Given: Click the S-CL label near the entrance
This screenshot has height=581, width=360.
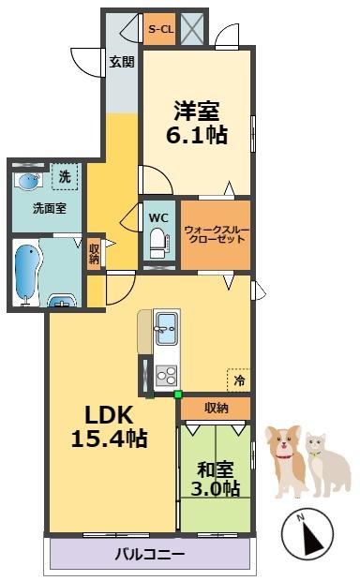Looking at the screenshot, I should point(160,30).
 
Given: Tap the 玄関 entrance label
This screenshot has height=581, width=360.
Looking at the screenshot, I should point(121,62).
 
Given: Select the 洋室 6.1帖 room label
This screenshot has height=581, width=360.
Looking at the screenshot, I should point(195,122).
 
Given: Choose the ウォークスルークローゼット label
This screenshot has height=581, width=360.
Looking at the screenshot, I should point(216,234).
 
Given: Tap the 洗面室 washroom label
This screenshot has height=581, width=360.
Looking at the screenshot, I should point(49,208).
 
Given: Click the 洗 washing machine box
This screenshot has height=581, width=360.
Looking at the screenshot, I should point(65,176).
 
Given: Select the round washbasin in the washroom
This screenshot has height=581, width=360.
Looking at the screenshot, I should point(29,181).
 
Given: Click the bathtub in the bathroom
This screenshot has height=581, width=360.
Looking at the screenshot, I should point(27,272).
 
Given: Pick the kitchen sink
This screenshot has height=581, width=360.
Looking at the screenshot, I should point(171,331).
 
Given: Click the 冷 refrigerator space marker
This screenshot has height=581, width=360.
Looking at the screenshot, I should point(240,380).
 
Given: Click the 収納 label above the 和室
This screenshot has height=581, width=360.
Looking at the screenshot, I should point(217,408).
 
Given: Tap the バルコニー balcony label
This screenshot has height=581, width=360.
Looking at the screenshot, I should point(150,554).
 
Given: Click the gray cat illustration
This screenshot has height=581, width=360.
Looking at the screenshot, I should point(328,462).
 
